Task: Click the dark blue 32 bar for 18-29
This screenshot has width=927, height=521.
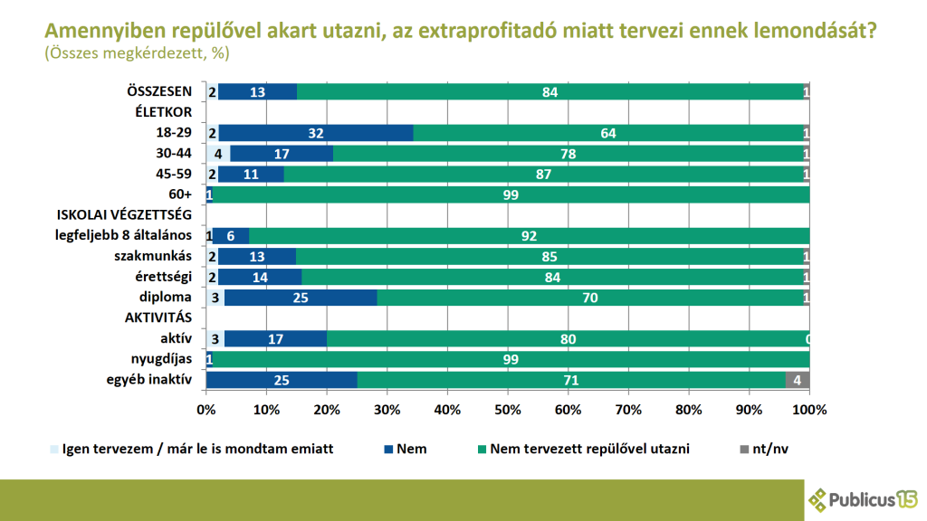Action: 315,133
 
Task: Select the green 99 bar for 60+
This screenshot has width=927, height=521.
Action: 511,194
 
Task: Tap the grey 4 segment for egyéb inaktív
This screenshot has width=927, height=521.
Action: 797,380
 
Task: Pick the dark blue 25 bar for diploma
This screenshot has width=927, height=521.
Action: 301,298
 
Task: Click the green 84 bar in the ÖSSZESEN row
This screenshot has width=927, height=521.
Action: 550,91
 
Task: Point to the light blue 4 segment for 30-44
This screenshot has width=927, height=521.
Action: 218,154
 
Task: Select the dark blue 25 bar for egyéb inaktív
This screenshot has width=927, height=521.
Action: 282,380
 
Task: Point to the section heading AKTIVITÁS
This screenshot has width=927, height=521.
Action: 158,318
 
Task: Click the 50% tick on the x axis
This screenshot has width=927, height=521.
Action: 508,410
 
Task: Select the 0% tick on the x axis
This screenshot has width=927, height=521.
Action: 206,410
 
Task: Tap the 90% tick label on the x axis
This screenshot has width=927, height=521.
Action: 749,410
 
